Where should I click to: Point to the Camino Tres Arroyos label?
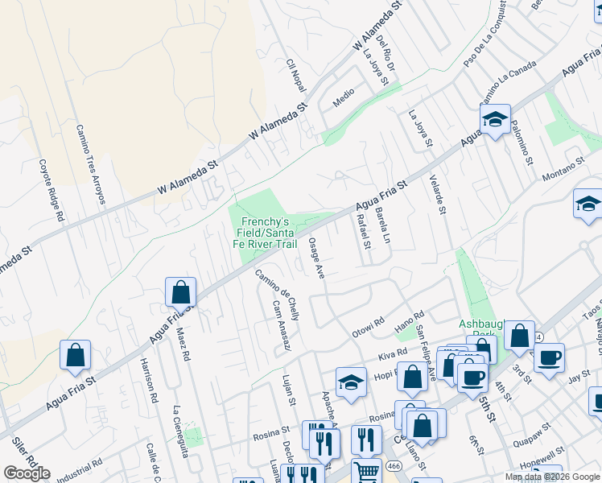coord(90,163)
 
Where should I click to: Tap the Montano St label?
coord(562,169)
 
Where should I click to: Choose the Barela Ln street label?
coord(383,225)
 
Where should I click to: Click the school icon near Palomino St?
coord(495,119)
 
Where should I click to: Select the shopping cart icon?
coord(366,471)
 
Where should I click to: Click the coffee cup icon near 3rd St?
coord(549,357)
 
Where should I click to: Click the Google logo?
coord(27,473)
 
